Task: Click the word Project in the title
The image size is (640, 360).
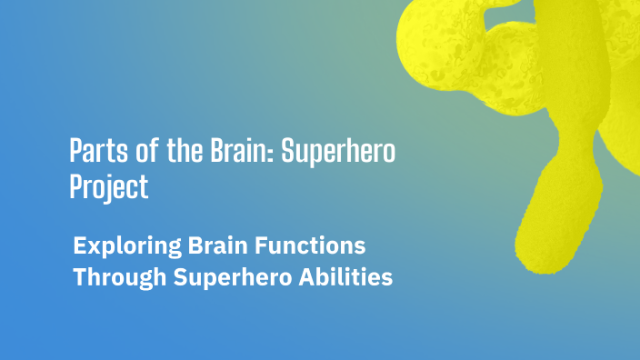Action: pos(108,186)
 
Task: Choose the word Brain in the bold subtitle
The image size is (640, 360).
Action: pos(216,245)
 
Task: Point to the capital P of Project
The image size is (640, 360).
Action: pos(77,185)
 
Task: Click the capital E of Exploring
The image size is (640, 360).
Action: pos(80,245)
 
